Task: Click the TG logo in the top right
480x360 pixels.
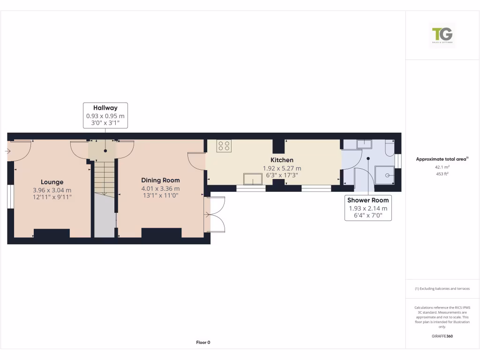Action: coord(442,35)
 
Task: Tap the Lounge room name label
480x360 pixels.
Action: coord(52,182)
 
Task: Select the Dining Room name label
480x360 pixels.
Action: coord(160,180)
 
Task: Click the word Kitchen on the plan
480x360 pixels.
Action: coord(282,160)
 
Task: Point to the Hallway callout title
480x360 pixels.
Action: coord(105,108)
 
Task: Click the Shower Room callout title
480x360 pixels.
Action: coord(368,200)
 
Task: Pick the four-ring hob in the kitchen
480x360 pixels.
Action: coord(224,146)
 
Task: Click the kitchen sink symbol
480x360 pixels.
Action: coord(252,179)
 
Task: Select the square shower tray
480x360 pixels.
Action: coord(384,175)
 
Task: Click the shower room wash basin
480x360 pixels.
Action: coord(364,144)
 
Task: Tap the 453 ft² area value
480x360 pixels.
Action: coord(442,173)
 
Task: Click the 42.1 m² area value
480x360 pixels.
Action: coord(442,166)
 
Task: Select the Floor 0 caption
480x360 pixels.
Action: coord(203,343)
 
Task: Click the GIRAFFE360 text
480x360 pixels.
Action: coord(442,336)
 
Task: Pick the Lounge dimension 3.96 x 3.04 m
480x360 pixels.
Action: coord(52,190)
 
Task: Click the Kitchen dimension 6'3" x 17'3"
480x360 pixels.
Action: coord(282,175)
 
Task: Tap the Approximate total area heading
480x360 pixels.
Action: coord(442,159)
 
